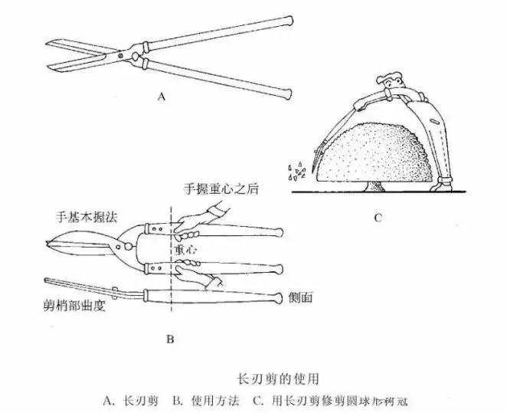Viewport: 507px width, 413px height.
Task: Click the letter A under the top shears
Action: tap(160, 97)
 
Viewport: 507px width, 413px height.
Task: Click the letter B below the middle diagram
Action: tap(171, 337)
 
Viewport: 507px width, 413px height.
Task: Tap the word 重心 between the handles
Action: tap(184, 250)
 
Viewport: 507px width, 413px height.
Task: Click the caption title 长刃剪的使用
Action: tap(279, 378)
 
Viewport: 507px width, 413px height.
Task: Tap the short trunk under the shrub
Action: tap(375, 186)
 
